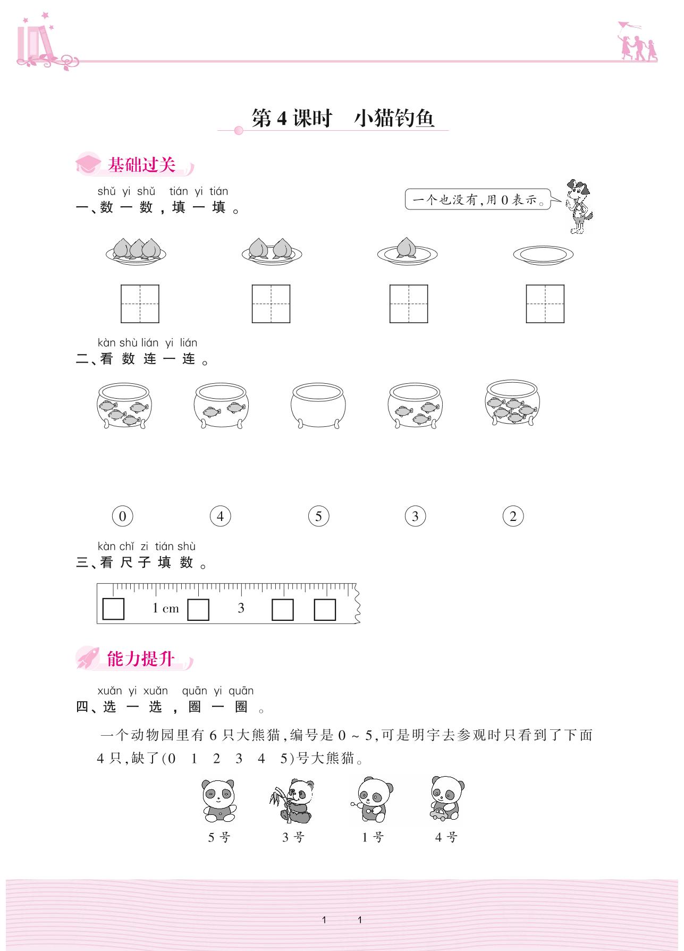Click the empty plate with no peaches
click(x=543, y=255)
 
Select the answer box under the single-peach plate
click(x=409, y=304)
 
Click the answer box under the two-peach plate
click(x=271, y=304)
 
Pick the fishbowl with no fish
click(x=318, y=406)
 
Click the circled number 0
click(x=123, y=516)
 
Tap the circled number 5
click(x=318, y=516)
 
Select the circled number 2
click(x=513, y=516)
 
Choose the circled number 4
click(x=221, y=516)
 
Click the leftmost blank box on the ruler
click(x=113, y=609)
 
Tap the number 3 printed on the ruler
click(x=241, y=608)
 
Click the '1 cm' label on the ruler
click(x=166, y=608)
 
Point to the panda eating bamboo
click(x=291, y=801)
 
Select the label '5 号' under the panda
click(x=219, y=838)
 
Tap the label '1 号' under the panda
click(x=373, y=838)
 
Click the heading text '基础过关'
click(x=141, y=165)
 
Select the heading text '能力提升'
click(x=141, y=659)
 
